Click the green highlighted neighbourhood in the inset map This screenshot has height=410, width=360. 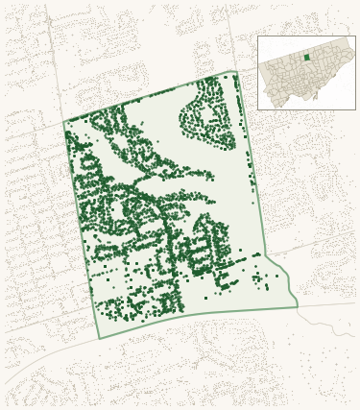[307, 58]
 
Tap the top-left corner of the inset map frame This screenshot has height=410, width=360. [257, 36]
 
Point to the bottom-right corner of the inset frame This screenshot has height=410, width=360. [355, 109]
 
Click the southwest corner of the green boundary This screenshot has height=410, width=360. [99, 338]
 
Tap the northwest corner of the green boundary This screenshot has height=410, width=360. [64, 122]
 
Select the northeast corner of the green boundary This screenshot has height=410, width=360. [235, 72]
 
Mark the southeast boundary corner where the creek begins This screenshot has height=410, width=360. [297, 306]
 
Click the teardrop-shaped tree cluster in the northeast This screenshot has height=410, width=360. [206, 115]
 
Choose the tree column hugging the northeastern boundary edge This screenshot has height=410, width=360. [239, 101]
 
